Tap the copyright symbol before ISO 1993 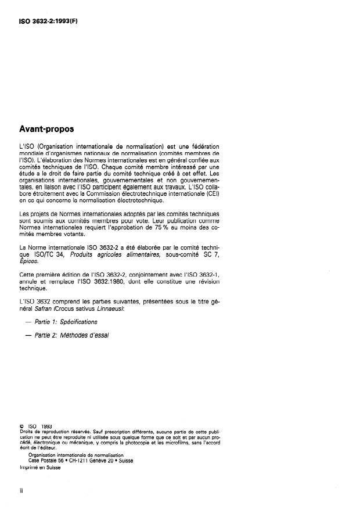coord(21,426)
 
